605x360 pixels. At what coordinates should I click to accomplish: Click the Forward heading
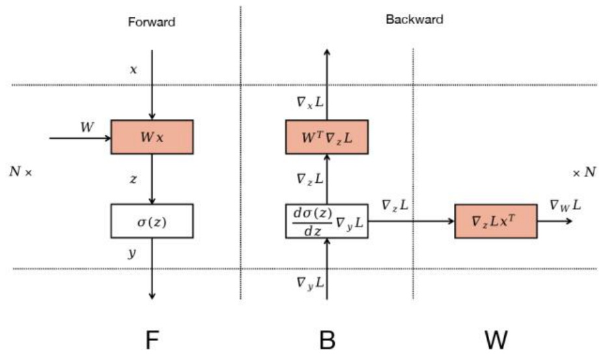click(151, 22)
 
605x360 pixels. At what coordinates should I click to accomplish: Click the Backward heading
click(414, 20)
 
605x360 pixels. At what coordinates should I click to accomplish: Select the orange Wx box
click(152, 137)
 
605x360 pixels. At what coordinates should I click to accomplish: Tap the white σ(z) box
click(152, 221)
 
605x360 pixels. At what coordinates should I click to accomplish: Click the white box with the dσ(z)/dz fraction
click(326, 221)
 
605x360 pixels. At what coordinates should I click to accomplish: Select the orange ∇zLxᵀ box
click(496, 221)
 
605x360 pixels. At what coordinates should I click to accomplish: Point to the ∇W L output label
click(565, 206)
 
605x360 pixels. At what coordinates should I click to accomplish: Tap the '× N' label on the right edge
click(584, 173)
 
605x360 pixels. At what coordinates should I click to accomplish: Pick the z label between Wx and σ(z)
click(134, 179)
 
